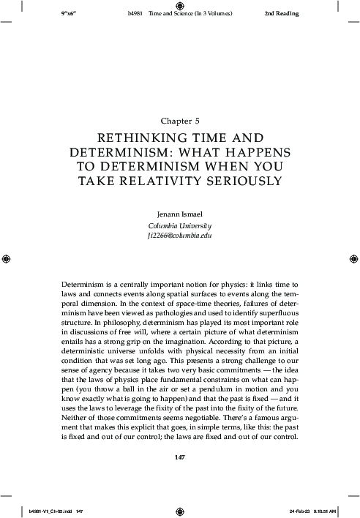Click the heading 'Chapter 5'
179,119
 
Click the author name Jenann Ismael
179,214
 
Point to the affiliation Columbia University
179,226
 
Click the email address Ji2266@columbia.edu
179,237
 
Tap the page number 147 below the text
179,458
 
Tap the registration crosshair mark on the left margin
6,259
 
